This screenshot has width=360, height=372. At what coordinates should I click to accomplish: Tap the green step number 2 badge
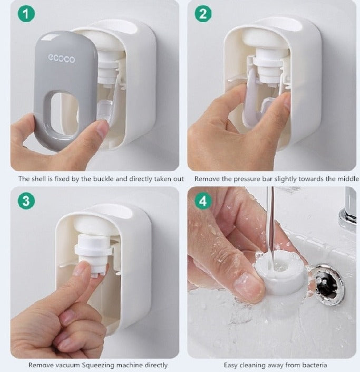click(202, 14)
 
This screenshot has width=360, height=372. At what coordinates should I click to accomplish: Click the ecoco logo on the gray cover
click(62, 58)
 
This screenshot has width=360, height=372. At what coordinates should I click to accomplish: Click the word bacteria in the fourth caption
click(313, 365)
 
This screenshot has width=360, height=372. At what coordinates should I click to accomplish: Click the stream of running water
click(270, 222)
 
